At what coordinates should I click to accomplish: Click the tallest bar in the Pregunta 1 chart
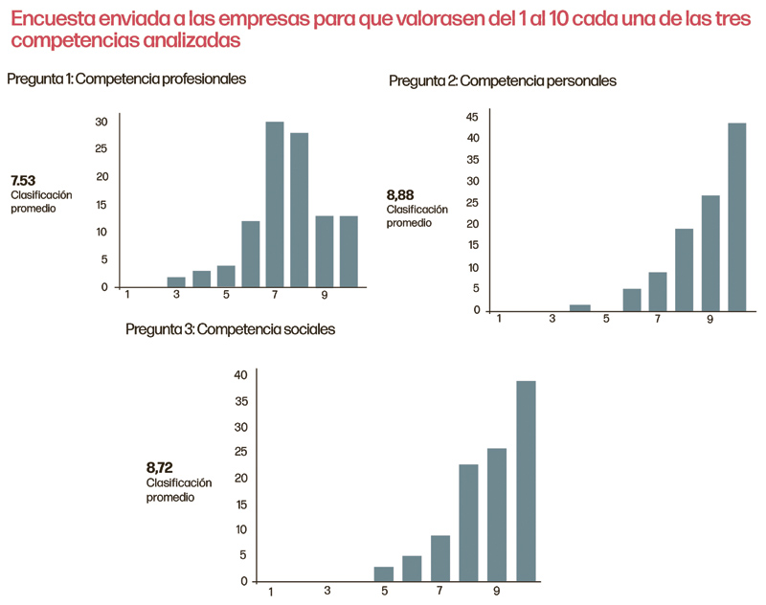click(275, 205)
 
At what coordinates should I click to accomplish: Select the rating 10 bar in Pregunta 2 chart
click(736, 216)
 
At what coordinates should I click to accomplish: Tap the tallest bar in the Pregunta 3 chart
click(526, 481)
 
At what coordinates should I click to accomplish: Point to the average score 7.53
click(23, 181)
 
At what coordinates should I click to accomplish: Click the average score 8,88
click(400, 195)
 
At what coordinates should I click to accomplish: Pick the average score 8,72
click(159, 468)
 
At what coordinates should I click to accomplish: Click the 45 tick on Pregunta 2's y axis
click(472, 117)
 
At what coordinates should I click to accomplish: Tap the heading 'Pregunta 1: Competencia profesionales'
click(127, 79)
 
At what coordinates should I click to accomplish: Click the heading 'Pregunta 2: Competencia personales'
click(503, 81)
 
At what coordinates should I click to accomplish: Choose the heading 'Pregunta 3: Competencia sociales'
click(230, 329)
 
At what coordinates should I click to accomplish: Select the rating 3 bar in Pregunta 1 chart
click(176, 282)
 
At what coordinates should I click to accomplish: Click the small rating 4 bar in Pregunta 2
click(580, 307)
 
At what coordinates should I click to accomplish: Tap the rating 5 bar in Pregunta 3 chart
click(383, 573)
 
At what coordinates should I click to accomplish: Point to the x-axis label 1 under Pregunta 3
click(271, 592)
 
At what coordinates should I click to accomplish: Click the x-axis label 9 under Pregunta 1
click(326, 296)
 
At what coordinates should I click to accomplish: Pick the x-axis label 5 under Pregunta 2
click(606, 319)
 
